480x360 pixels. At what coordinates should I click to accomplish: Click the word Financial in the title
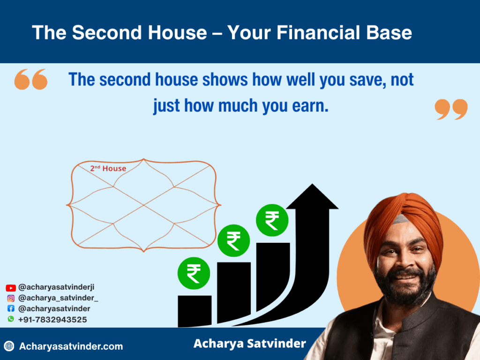(318, 32)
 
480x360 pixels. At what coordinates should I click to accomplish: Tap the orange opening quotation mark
(31, 79)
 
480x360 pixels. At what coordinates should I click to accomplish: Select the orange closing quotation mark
(451, 109)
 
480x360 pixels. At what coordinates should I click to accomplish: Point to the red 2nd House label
(108, 168)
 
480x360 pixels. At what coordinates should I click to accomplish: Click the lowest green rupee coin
(194, 273)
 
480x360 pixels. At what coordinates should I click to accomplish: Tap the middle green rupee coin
(233, 240)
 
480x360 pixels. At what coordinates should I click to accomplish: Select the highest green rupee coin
(272, 220)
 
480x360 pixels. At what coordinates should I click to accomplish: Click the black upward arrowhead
(312, 197)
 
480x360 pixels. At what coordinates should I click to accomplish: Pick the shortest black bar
(195, 311)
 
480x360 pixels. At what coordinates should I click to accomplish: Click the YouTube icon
(11, 288)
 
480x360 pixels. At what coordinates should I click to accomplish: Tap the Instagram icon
(11, 298)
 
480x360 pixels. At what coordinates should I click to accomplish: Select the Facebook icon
(11, 308)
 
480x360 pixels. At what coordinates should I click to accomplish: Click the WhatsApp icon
(11, 319)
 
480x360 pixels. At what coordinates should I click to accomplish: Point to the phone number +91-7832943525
(52, 320)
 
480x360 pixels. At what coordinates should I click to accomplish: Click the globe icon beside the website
(9, 346)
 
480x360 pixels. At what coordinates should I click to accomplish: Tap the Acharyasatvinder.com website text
(71, 346)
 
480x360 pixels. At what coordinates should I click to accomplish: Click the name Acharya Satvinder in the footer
(250, 344)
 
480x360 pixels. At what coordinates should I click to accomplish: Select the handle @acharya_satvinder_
(58, 298)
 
